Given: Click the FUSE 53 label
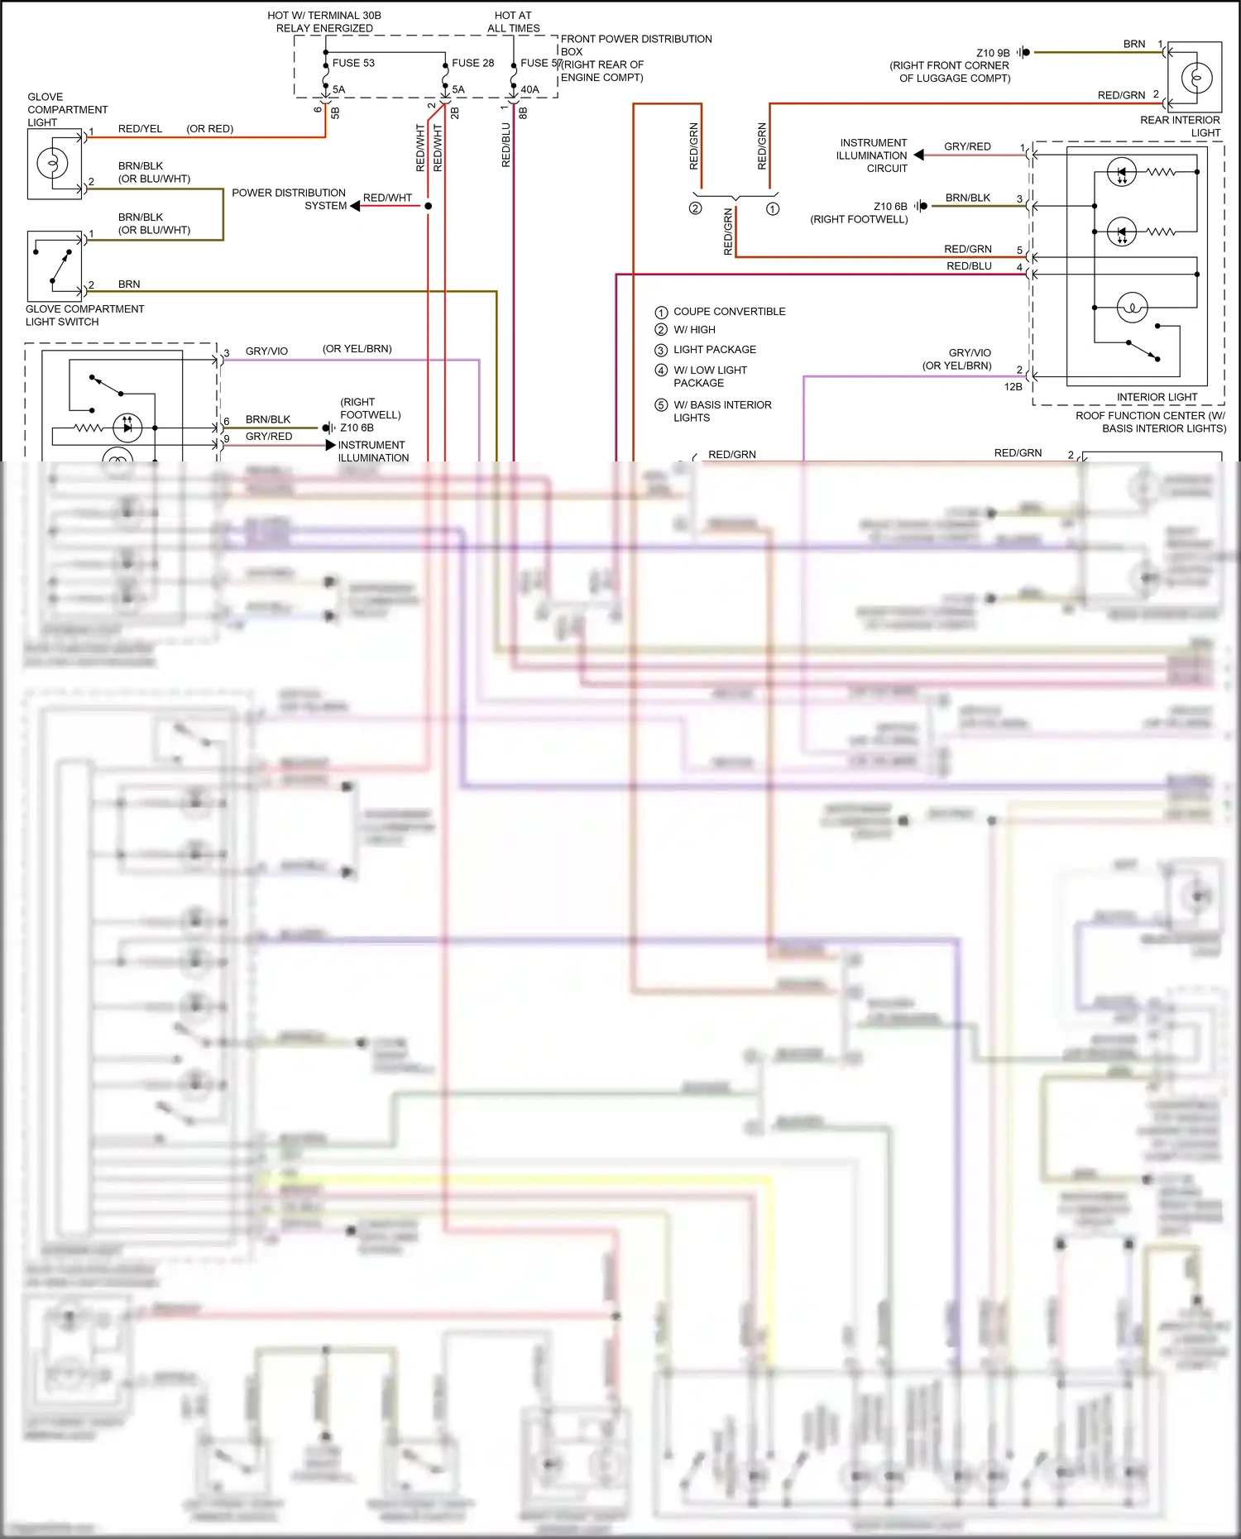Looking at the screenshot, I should point(353,63).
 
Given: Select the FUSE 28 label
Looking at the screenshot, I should point(472,63).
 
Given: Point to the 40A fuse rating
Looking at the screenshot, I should point(529,89).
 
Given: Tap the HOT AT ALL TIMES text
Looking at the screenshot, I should point(513,22).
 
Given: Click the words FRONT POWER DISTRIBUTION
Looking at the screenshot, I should point(636,39).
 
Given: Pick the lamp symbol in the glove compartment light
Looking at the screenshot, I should point(52,163).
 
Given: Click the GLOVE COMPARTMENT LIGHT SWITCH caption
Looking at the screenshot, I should point(84,315).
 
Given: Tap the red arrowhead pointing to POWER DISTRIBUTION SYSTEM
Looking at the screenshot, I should point(355,206).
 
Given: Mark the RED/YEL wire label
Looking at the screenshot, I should point(140,129).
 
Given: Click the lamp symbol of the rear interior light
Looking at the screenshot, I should point(1196,79).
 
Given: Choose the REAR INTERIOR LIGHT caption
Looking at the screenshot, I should point(1180,127).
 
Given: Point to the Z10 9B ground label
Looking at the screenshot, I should point(993,53).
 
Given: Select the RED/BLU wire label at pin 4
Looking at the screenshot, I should point(969,266).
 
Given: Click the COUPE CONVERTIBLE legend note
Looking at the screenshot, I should point(729,312).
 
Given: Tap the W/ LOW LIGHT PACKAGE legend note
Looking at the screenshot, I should point(710,376).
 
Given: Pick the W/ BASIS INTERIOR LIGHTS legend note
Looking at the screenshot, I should point(722,411).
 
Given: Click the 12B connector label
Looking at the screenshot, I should point(1013,387).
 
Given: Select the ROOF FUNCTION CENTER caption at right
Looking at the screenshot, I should point(1151,422).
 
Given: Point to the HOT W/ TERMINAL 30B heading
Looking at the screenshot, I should point(324,22).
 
